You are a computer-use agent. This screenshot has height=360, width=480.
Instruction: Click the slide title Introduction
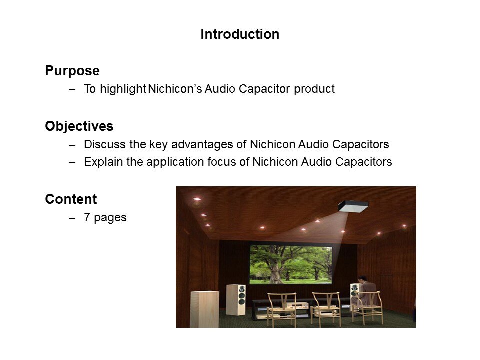point(240,34)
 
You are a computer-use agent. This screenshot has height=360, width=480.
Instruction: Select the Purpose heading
point(72,71)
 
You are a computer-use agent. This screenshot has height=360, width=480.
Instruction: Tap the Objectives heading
point(79,126)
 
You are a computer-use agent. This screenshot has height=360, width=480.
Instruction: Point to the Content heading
point(71,199)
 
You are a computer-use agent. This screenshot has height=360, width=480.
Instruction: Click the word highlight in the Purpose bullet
point(122,89)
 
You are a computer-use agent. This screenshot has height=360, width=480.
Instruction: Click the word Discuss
point(102,145)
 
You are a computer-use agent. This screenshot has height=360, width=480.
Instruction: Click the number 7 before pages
point(87,218)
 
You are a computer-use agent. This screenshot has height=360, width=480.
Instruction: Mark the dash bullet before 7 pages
point(73,218)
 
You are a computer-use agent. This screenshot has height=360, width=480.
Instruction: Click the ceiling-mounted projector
point(353,205)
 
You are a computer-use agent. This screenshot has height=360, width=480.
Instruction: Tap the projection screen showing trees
point(290,264)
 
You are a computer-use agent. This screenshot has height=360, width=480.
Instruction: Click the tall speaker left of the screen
point(236,299)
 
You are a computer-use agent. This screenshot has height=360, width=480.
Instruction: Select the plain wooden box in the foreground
point(204,308)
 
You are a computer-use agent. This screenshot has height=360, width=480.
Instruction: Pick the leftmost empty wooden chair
point(281,307)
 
